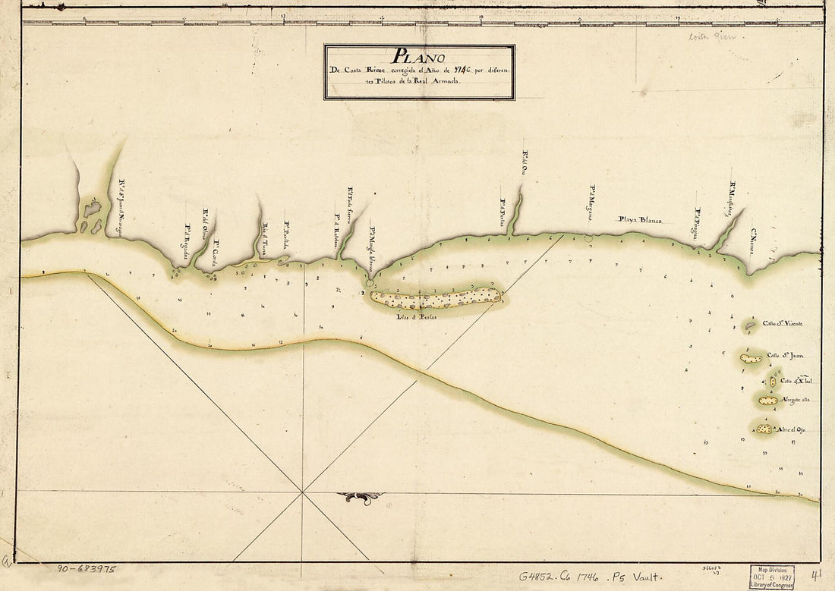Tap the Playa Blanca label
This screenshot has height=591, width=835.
click(640, 219)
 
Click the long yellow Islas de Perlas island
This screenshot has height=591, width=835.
click(435, 298)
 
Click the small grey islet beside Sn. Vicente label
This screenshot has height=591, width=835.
click(750, 326)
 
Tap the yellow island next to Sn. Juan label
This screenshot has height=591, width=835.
click(751, 358)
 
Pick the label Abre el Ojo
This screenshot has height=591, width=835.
click(789, 429)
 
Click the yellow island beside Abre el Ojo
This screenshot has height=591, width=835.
click(764, 429)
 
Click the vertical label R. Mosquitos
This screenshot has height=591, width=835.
click(733, 199)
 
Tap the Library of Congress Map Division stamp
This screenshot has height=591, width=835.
click(771, 576)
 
